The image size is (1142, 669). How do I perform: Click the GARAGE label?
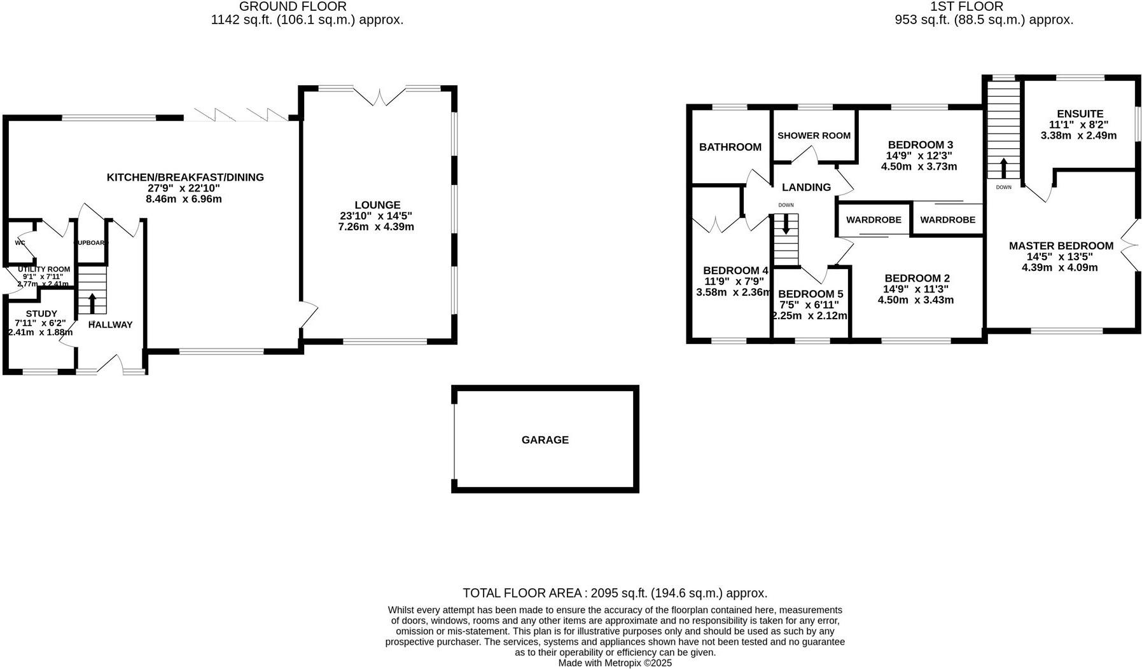545,439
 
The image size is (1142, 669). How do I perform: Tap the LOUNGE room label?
377,205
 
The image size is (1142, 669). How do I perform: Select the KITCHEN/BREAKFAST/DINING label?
185,177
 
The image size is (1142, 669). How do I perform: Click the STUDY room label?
41,314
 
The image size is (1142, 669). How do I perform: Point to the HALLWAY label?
111,324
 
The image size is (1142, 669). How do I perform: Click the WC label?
20,242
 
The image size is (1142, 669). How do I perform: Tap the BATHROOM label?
730,147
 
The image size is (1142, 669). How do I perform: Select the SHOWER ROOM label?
814,135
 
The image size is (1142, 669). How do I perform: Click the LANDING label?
806,187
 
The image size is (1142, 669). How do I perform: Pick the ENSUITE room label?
1080,114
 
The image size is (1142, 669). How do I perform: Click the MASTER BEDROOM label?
1061,245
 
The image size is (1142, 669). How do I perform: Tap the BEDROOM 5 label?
810,294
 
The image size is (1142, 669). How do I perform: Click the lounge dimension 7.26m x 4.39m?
376,226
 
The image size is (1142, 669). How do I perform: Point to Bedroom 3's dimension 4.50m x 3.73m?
919,167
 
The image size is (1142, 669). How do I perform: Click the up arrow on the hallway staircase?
92,303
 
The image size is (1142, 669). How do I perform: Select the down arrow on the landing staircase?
786,224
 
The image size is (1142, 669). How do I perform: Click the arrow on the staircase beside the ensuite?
1003,168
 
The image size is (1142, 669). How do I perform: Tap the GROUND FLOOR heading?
293,6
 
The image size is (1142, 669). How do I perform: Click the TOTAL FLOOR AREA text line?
615,593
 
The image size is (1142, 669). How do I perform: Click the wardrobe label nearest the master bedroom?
947,219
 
